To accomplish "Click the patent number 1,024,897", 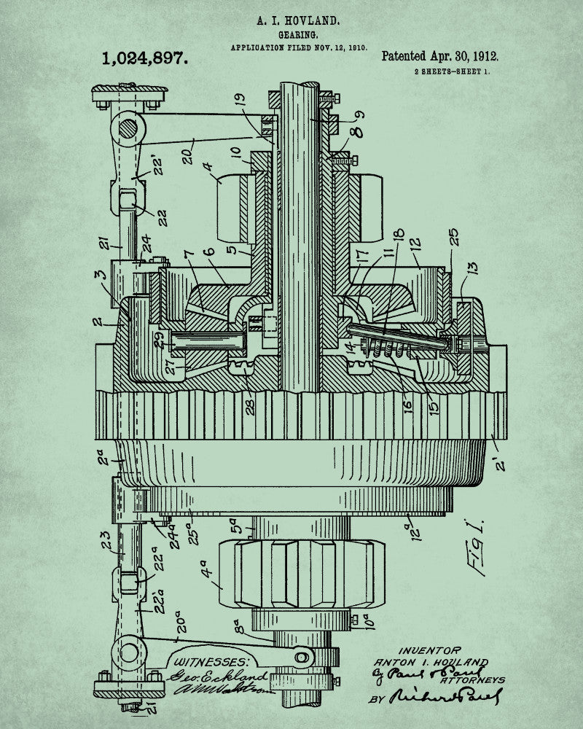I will pos(146,58).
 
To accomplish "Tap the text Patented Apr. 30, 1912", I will pos(440,56).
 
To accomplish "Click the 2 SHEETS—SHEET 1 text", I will pos(452,71).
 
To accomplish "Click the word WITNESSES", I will pos(211,661).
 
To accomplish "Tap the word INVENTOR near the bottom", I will pos(429,650).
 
